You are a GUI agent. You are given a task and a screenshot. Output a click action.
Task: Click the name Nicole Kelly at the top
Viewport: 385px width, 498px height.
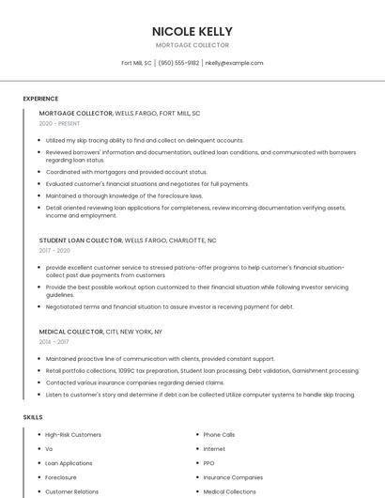(x=192, y=31)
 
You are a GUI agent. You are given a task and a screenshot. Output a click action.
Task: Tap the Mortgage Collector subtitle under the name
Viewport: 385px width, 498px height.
(x=192, y=45)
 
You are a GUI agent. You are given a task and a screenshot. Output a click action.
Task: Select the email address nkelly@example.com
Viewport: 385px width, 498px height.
(x=234, y=63)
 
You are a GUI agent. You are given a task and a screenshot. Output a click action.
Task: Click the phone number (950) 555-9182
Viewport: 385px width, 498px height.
(x=178, y=63)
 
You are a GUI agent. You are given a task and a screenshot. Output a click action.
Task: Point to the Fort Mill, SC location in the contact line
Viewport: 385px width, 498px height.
(x=136, y=63)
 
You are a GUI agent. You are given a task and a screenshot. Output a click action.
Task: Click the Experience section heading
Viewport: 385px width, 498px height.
(x=40, y=99)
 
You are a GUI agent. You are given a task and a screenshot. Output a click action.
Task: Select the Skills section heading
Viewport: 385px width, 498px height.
(x=33, y=416)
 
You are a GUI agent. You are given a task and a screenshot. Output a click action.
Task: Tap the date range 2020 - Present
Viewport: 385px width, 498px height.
(x=59, y=123)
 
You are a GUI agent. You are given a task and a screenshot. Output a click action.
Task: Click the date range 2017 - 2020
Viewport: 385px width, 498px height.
(x=54, y=251)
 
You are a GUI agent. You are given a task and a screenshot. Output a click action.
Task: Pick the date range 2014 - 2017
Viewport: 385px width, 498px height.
(x=54, y=342)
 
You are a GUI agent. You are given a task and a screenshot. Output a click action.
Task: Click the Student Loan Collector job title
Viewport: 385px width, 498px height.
(x=81, y=241)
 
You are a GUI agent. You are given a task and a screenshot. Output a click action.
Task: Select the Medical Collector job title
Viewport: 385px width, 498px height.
(x=71, y=332)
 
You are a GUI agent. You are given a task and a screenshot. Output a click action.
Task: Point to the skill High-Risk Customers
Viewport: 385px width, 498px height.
(x=73, y=435)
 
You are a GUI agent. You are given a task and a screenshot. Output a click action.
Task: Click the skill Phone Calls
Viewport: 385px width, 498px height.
(x=219, y=435)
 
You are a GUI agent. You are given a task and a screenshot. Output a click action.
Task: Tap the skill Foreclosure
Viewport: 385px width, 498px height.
(x=61, y=477)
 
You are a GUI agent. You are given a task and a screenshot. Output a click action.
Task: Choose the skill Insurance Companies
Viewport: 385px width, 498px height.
(x=233, y=477)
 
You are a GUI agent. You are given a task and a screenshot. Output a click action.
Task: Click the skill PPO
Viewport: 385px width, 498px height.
(x=208, y=463)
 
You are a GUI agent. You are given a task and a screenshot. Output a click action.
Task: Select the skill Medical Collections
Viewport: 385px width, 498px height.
(x=229, y=491)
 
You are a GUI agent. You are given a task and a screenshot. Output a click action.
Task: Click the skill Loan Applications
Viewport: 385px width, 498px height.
(x=69, y=463)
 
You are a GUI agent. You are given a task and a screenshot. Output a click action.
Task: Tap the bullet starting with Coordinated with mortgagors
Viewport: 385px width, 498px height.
(x=127, y=172)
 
